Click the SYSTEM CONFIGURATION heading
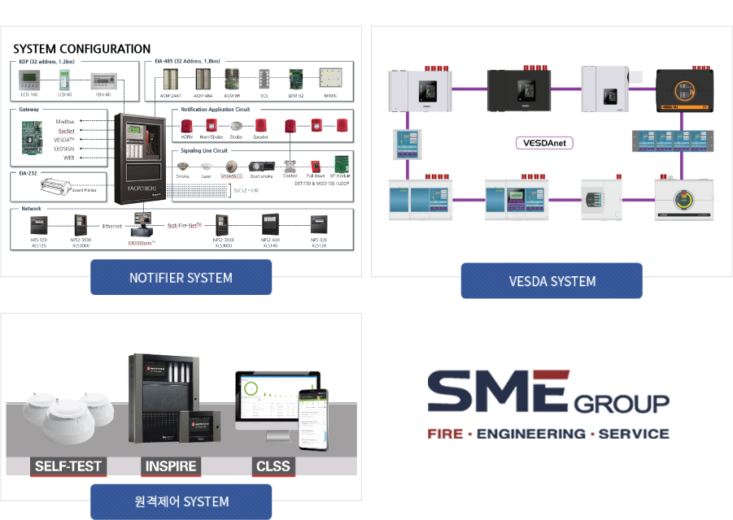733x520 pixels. point(81,49)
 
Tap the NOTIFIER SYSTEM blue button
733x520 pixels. point(181,278)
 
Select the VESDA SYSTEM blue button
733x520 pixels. point(552,281)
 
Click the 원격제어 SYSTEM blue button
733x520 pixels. point(181,501)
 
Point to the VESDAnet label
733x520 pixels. point(544,143)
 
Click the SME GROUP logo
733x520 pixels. point(548,405)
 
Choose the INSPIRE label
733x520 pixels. point(171,466)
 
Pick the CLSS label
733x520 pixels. point(273,466)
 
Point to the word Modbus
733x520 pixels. point(65,121)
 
